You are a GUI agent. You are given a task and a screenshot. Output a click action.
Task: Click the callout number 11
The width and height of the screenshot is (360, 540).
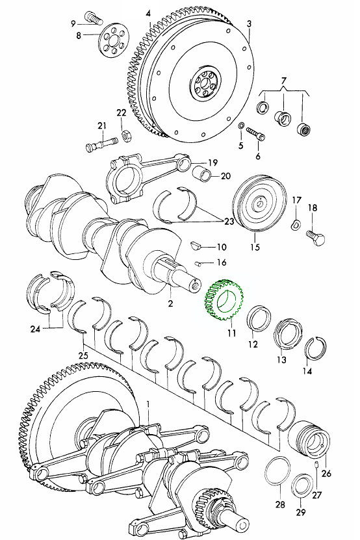coord(231,333)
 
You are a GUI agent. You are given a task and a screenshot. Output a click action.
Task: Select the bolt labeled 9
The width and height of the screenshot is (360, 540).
coord(93,18)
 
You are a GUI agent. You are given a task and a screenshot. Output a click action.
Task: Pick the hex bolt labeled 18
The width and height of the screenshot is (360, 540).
coord(316,238)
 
